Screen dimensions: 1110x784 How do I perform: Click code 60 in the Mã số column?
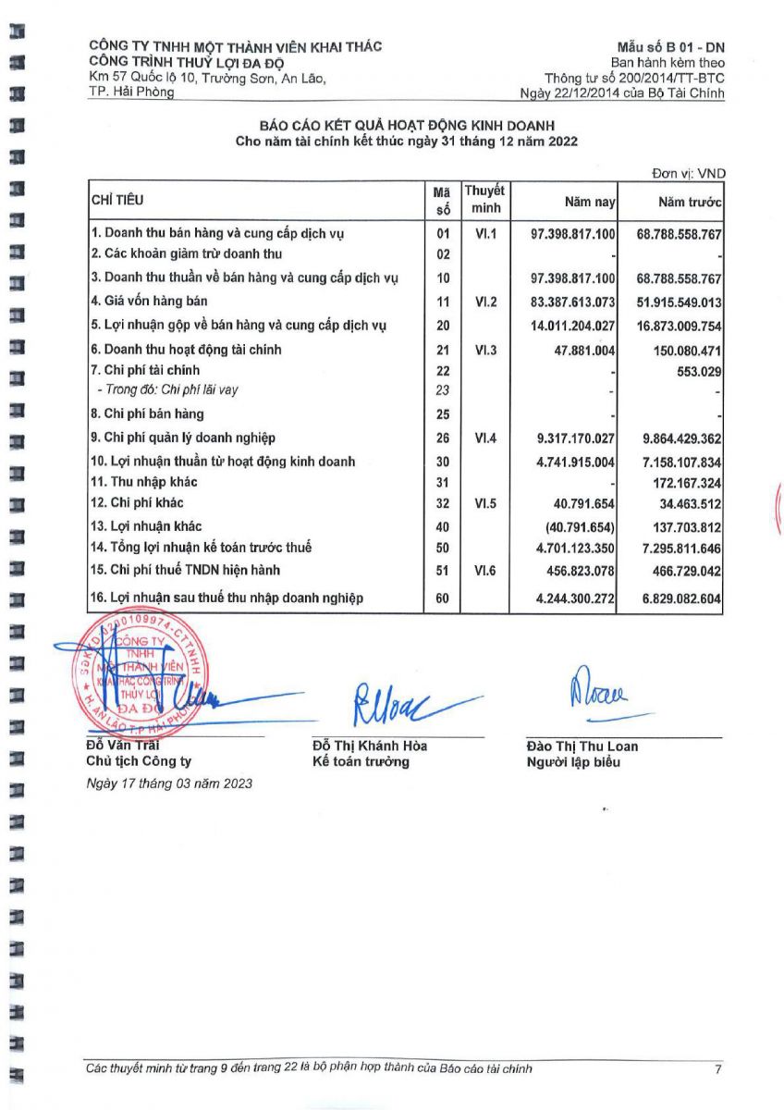pyautogui.click(x=442, y=598)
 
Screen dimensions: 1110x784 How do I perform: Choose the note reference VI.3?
pyautogui.click(x=485, y=350)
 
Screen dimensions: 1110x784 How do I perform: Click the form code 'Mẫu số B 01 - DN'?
pyautogui.click(x=671, y=46)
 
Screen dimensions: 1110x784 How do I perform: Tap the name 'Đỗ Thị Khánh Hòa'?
pyautogui.click(x=370, y=746)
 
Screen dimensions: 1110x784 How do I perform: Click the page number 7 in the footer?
pyautogui.click(x=717, y=1069)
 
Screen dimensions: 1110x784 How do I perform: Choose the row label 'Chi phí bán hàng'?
pyautogui.click(x=147, y=413)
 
